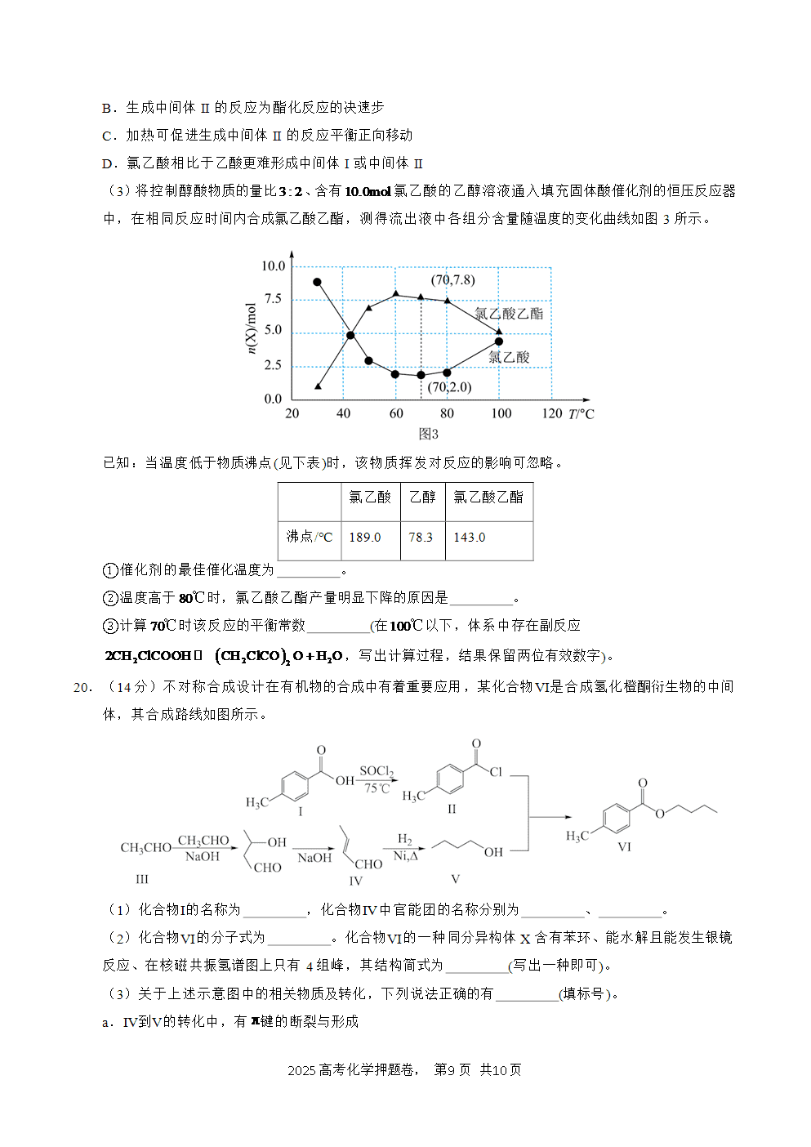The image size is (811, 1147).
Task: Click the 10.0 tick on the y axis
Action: click(x=274, y=266)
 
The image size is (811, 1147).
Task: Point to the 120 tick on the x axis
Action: click(x=552, y=413)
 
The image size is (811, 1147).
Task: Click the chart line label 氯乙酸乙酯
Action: click(x=509, y=314)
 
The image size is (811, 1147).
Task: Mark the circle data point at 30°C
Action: click(x=317, y=282)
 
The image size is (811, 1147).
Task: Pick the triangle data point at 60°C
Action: click(x=395, y=293)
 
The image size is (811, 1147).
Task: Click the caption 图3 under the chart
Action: click(x=428, y=434)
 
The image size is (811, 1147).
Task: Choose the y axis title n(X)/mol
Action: click(x=251, y=328)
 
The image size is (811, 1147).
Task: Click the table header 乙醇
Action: click(x=422, y=497)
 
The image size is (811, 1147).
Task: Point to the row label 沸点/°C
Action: click(x=310, y=537)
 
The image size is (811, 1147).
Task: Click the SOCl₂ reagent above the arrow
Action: click(x=377, y=771)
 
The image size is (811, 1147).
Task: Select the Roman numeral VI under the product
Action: click(x=624, y=846)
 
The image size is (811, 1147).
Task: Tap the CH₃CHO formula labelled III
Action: click(x=146, y=847)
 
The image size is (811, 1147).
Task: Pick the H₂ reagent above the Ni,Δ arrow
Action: click(x=405, y=839)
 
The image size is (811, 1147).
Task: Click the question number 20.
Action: click(x=83, y=687)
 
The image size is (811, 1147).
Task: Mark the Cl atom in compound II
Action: click(x=496, y=772)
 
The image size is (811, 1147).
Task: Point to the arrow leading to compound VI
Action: click(x=550, y=817)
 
